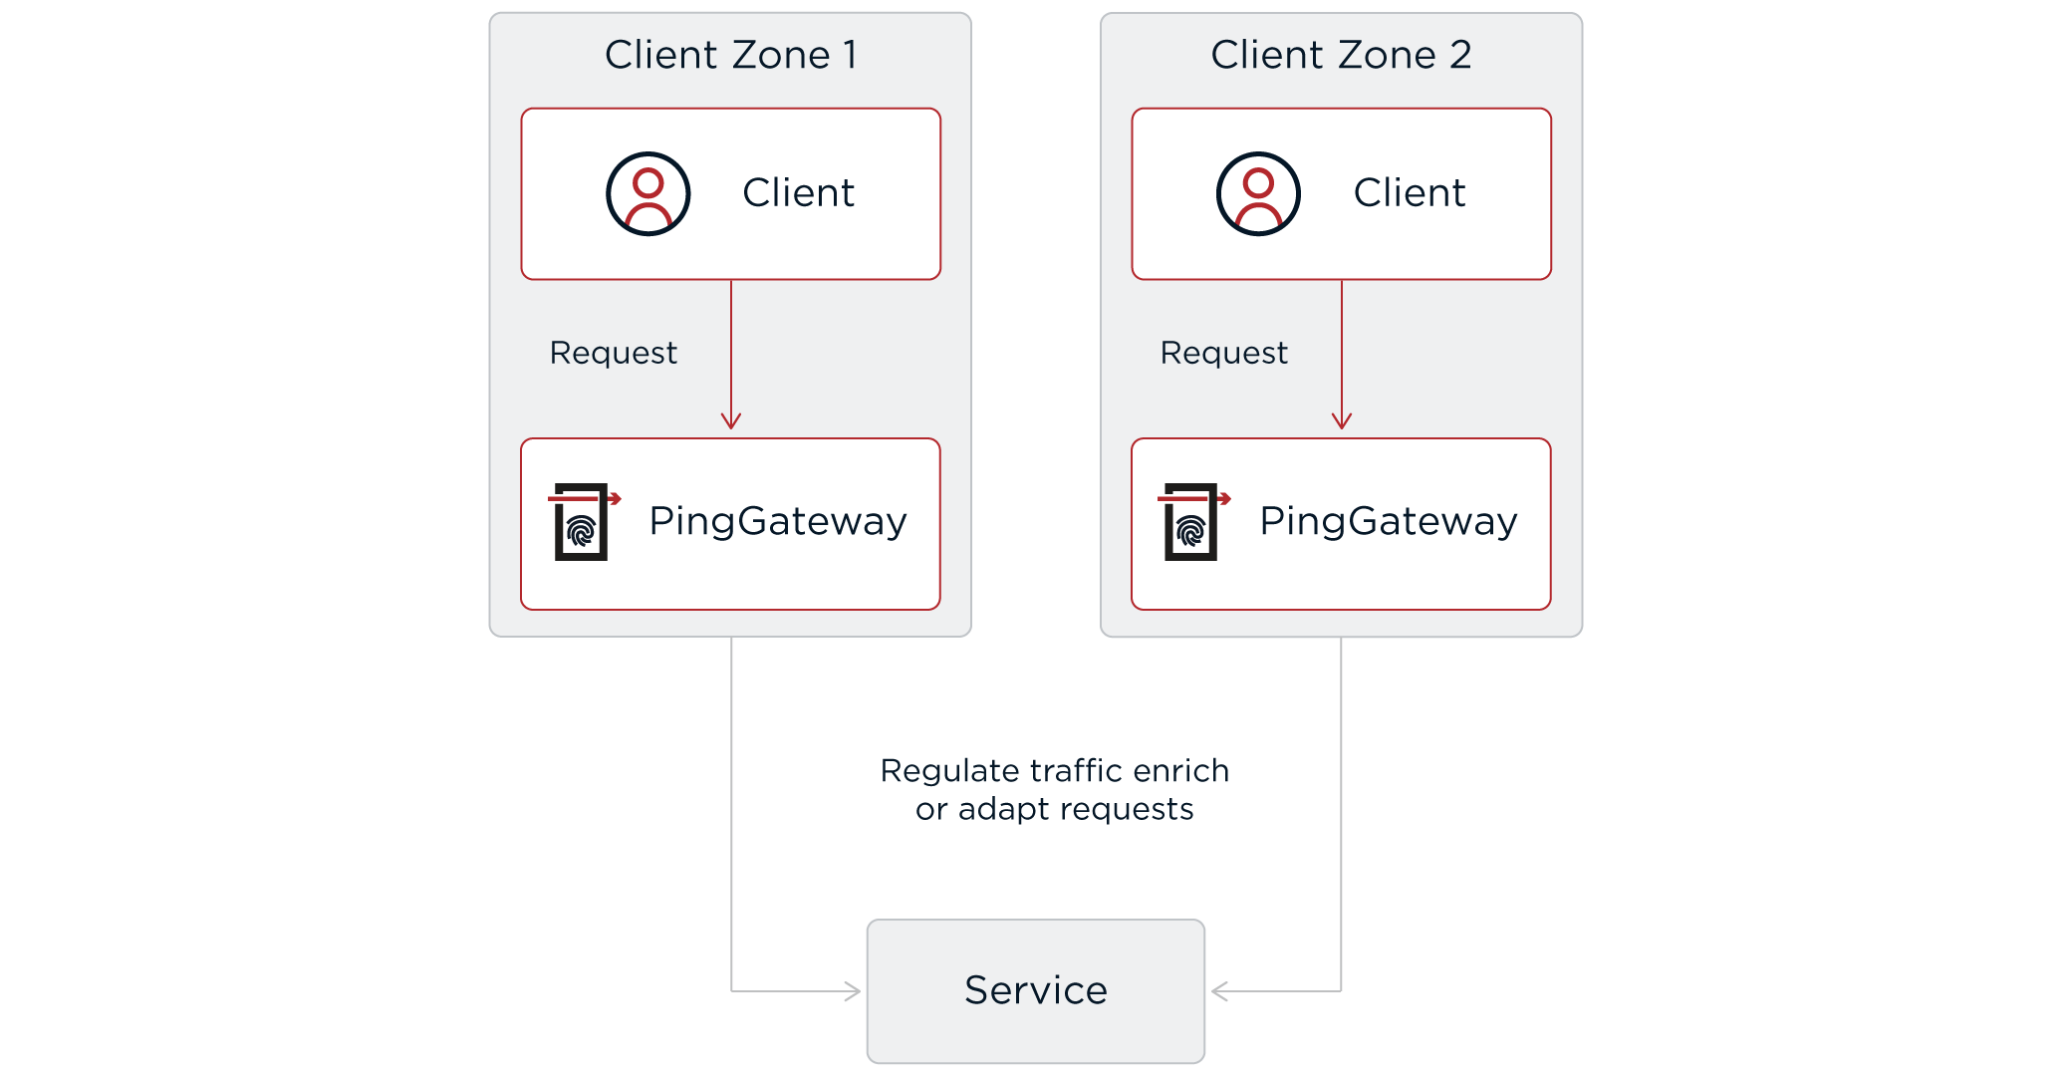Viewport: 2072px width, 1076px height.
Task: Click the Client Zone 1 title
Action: pos(730,55)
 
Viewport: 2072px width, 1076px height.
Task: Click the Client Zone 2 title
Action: pos(1341,55)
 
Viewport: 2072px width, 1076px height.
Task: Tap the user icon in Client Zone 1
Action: pos(648,193)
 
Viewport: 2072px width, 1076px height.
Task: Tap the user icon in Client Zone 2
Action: pos(1258,193)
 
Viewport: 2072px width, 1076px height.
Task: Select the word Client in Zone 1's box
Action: pos(798,192)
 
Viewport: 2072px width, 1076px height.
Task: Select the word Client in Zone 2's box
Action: pos(1409,192)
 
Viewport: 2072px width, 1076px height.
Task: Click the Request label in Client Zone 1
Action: pos(613,353)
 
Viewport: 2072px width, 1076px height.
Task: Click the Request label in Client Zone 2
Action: pos(1223,353)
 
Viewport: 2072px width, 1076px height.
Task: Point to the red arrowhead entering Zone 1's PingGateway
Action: pos(731,422)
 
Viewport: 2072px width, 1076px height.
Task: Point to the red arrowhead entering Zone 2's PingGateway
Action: pos(1342,422)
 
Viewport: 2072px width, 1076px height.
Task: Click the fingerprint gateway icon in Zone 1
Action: pos(583,521)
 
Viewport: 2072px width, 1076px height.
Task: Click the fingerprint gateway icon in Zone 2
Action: pos(1192,521)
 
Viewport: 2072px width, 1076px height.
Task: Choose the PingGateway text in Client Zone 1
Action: pos(777,521)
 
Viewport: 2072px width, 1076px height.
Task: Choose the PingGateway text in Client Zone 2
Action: pos(1388,521)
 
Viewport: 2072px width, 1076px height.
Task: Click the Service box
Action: pos(1035,990)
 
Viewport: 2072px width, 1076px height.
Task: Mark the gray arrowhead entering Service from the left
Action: pos(854,991)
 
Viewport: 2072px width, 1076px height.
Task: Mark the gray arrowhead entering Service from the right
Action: pos(1218,991)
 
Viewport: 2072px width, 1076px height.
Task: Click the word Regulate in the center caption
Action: pos(949,771)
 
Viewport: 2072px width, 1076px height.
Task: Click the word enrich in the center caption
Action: pos(1180,771)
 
